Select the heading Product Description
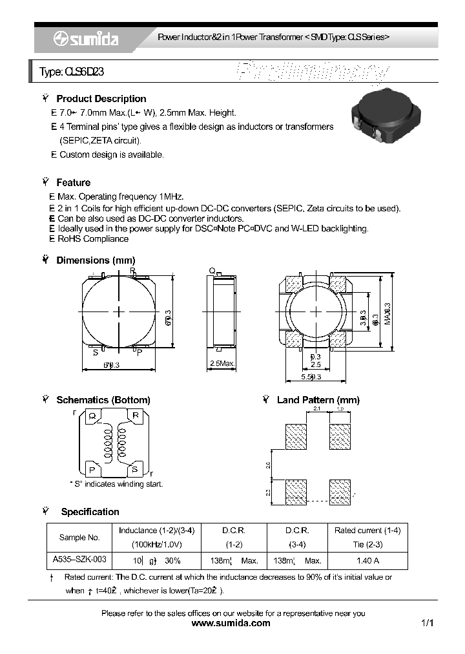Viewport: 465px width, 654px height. click(101, 99)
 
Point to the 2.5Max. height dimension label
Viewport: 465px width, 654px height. click(222, 364)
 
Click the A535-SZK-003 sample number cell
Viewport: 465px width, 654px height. click(79, 560)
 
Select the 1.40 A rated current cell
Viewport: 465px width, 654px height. click(367, 560)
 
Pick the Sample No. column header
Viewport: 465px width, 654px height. click(79, 537)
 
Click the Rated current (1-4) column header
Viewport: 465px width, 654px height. click(367, 530)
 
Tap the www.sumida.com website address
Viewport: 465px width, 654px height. click(232, 623)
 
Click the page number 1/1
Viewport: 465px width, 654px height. click(427, 623)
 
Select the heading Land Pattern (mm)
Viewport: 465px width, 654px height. click(318, 400)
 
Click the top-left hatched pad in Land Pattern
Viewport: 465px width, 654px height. click(296, 436)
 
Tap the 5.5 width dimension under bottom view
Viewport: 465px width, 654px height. click(311, 376)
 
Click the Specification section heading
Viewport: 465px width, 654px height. click(90, 512)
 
